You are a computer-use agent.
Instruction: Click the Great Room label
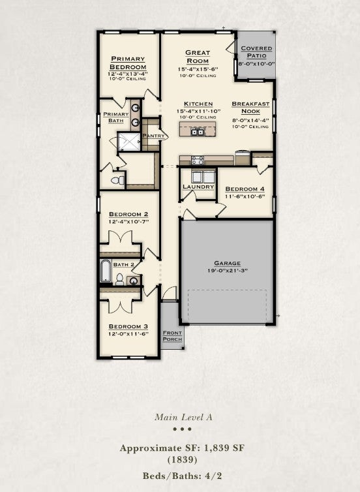[198, 57]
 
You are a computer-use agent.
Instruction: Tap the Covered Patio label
[256, 52]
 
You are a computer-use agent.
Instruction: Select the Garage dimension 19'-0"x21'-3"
[228, 271]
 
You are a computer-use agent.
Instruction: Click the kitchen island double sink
[198, 132]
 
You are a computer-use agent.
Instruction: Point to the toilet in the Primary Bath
[117, 180]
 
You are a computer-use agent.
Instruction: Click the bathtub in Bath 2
[106, 271]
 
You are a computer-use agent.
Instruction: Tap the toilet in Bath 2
[119, 279]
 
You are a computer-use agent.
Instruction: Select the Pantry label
[154, 136]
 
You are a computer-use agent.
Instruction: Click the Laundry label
[198, 187]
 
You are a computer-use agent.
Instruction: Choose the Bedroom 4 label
[245, 189]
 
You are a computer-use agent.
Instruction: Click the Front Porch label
[172, 336]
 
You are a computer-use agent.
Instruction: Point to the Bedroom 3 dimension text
[128, 334]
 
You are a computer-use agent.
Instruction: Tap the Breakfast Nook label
[250, 107]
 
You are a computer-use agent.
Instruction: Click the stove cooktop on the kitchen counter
[198, 161]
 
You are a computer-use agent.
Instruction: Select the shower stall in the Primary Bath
[129, 142]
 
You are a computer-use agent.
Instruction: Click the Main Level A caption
[183, 417]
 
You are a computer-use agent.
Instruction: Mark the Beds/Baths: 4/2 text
[182, 476]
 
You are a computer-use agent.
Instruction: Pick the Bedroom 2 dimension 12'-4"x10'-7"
[128, 221]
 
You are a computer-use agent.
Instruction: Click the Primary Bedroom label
[128, 63]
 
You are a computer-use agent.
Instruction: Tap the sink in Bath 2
[134, 281]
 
